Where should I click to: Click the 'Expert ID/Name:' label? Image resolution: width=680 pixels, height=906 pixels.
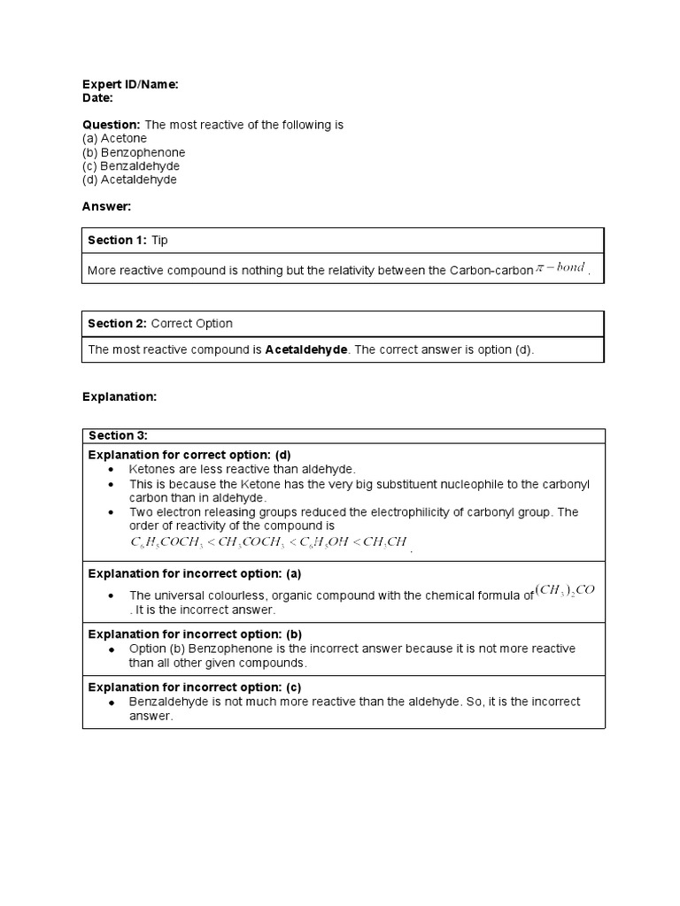click(130, 84)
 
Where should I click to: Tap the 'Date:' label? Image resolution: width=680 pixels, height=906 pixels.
click(97, 98)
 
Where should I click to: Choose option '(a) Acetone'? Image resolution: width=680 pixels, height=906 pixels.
click(115, 138)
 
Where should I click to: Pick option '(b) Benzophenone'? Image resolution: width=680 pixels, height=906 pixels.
click(134, 152)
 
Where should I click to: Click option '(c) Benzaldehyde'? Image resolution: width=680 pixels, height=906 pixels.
click(131, 165)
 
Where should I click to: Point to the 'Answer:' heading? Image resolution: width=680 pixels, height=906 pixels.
click(106, 206)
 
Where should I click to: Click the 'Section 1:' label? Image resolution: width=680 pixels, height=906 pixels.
click(118, 241)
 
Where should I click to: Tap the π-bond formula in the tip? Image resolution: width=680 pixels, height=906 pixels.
click(561, 268)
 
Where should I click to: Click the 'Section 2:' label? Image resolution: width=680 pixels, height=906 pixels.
click(118, 324)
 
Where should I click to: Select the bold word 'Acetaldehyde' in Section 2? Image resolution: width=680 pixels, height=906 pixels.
click(306, 349)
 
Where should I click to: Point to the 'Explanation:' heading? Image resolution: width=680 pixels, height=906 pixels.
click(120, 397)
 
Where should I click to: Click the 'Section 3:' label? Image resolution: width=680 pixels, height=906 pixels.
click(118, 435)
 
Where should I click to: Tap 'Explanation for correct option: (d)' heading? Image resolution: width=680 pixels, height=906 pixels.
click(189, 455)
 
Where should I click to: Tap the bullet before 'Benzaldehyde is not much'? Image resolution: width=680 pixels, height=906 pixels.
click(112, 703)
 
